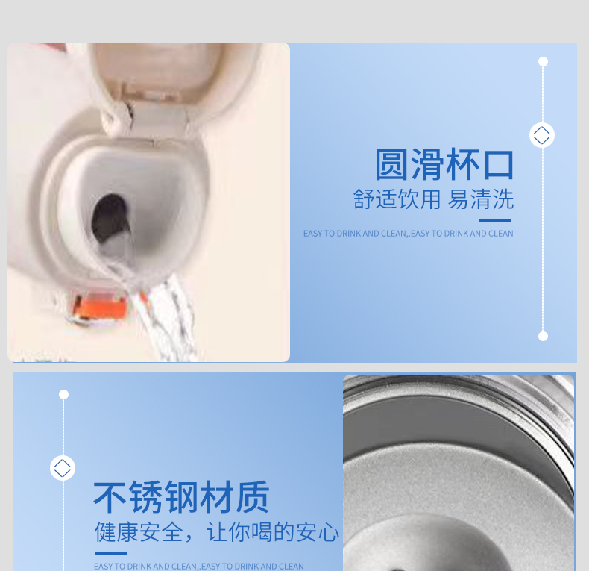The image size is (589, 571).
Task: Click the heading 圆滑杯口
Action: click(x=444, y=164)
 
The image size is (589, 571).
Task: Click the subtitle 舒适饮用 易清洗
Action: click(x=433, y=199)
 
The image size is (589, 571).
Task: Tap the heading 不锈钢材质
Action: click(x=181, y=497)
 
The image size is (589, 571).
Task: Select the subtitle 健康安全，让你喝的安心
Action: click(x=217, y=532)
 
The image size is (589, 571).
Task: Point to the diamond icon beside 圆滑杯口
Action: click(x=542, y=135)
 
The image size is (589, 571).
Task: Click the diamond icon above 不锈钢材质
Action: click(x=63, y=468)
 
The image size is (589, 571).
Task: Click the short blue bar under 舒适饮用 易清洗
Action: click(x=494, y=220)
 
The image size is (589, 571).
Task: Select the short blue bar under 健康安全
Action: click(x=110, y=553)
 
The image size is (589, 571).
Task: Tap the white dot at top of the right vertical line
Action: click(x=543, y=61)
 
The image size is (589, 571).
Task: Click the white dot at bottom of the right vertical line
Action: click(x=543, y=336)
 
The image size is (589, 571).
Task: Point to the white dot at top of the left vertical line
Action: click(x=64, y=394)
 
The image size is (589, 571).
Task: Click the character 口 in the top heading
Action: click(x=499, y=165)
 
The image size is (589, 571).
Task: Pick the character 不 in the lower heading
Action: click(x=110, y=497)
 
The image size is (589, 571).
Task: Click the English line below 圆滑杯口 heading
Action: click(x=409, y=234)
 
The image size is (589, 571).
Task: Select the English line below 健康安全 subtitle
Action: click(x=199, y=566)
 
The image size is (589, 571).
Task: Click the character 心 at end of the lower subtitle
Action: click(x=329, y=532)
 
